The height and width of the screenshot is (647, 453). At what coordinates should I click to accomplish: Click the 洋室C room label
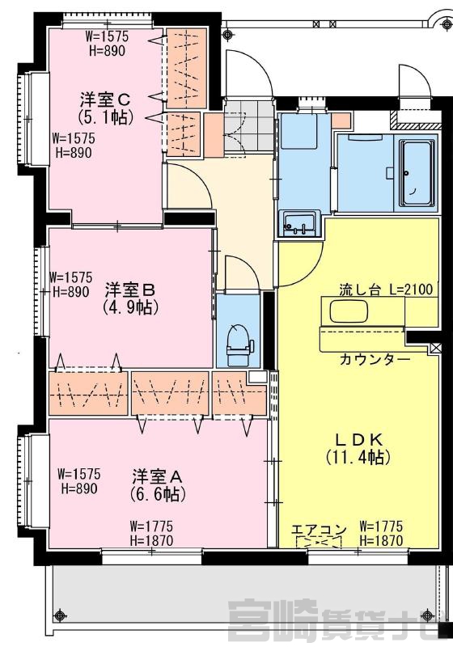(106, 99)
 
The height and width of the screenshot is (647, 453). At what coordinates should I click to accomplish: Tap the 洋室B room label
(130, 290)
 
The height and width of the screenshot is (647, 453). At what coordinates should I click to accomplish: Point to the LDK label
(358, 439)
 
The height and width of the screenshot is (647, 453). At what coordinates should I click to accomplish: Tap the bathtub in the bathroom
(417, 173)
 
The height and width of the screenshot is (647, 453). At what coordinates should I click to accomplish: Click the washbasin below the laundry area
(300, 223)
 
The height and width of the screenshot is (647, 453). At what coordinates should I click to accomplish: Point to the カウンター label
(375, 360)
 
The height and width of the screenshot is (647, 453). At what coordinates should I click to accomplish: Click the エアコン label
(319, 530)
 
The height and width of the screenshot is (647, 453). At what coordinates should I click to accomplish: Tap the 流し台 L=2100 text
(386, 290)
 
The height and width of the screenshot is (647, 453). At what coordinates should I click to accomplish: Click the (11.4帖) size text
(358, 457)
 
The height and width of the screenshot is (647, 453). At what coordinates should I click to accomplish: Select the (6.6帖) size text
(158, 493)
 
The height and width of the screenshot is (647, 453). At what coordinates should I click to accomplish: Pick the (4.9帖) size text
(131, 307)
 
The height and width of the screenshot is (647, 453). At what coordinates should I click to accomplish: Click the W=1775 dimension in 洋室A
(151, 526)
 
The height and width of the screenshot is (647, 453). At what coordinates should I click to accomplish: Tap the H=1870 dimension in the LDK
(381, 540)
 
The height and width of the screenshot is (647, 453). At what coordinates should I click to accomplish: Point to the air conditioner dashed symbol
(320, 543)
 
